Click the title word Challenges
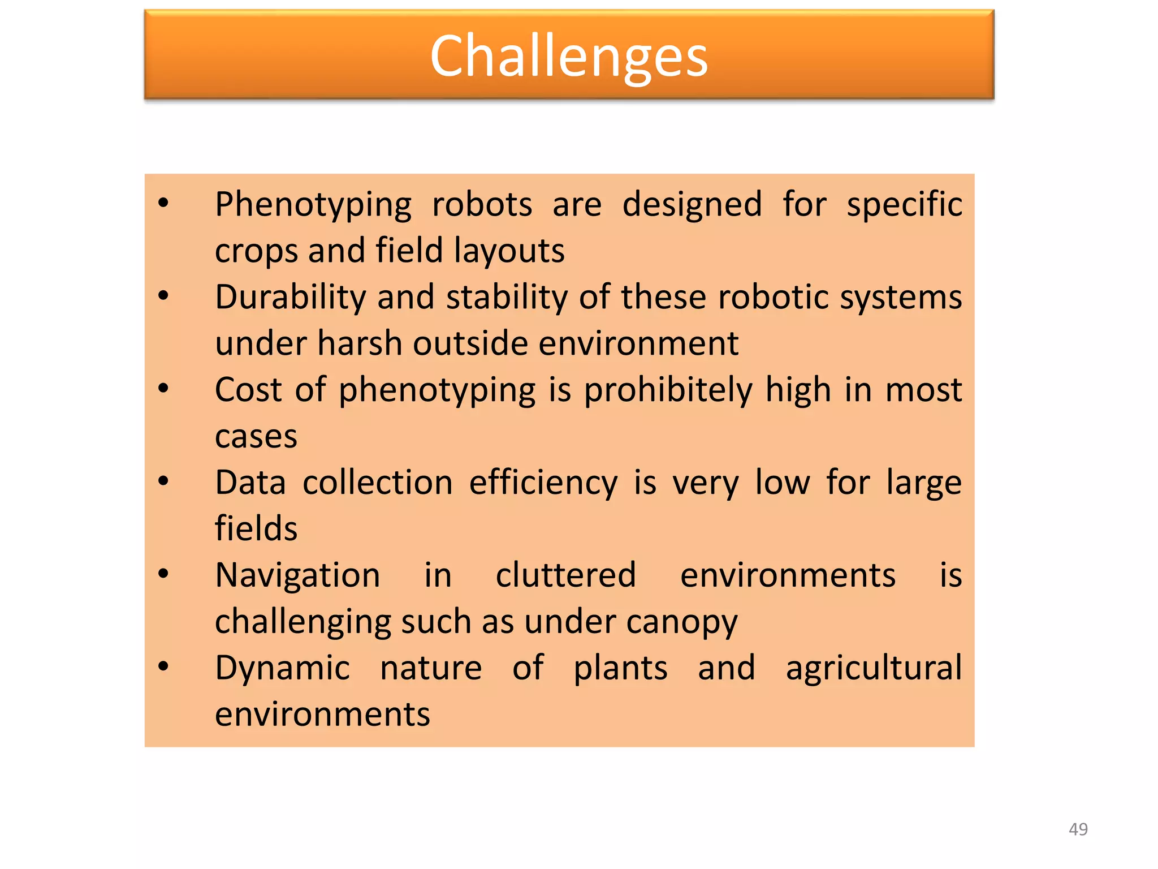(569, 57)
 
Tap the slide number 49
(1078, 829)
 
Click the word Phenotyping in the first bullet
(313, 205)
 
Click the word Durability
(290, 298)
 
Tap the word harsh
(360, 343)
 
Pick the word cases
(256, 437)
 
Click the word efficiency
(543, 483)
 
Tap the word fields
(256, 528)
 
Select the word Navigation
(297, 576)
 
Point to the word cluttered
(566, 575)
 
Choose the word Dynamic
(283, 668)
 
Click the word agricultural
(874, 668)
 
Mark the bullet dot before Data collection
(163, 481)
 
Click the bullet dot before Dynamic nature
(163, 666)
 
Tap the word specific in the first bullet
(904, 205)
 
